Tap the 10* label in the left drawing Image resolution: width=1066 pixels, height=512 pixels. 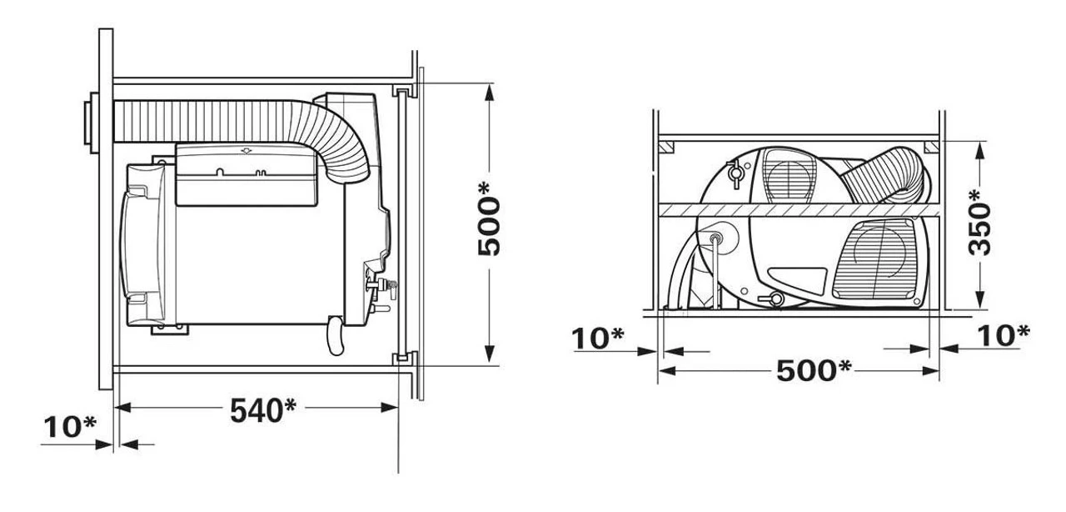69,427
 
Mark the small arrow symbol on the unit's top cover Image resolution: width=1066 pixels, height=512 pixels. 245,151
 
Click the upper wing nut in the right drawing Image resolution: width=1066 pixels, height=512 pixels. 735,175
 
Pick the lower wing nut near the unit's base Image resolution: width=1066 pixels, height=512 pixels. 772,299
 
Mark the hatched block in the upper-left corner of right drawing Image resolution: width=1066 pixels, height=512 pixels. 666,148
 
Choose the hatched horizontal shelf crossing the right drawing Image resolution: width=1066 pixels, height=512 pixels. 799,210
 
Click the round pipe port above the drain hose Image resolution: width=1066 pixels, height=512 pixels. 715,240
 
